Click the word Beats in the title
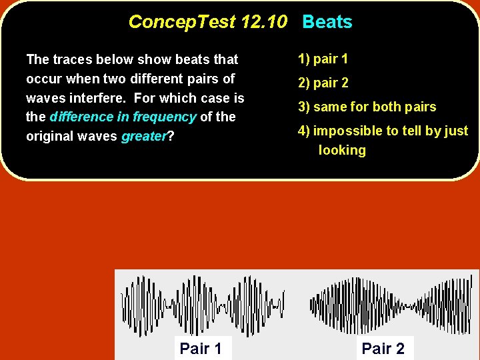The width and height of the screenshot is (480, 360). tap(327, 22)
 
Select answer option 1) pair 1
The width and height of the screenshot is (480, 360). tap(323, 59)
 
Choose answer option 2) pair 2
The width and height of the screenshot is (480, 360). tap(323, 83)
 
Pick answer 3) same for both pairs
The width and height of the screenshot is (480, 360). tap(367, 107)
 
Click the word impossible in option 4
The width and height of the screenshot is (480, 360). tap(344, 131)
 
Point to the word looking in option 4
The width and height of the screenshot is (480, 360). tap(342, 150)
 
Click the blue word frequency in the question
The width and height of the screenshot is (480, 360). tap(164, 117)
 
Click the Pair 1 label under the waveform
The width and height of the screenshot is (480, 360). tap(201, 348)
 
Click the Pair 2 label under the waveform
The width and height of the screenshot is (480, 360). tap(383, 348)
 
